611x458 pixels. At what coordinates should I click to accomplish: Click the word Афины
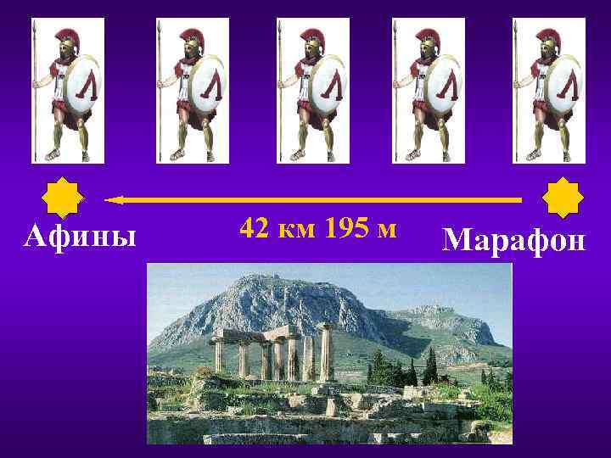point(80,234)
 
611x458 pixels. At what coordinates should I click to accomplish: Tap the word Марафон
point(513,240)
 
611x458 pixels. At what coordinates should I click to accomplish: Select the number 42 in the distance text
point(255,228)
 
